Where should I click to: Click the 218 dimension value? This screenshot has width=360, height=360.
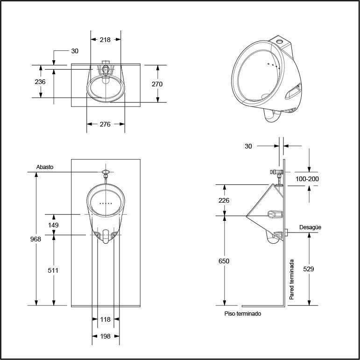[x=105, y=40]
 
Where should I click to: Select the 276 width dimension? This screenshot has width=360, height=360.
[x=105, y=124]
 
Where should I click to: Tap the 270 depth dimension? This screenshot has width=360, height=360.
[x=157, y=84]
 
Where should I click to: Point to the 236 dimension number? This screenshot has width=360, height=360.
[x=40, y=82]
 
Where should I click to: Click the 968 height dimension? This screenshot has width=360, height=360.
[x=35, y=239]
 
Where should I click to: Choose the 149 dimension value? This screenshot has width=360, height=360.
[x=53, y=225]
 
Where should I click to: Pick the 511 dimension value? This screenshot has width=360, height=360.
[x=53, y=270]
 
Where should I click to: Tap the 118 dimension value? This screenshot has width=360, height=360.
[x=105, y=319]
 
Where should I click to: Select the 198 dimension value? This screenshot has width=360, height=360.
[x=105, y=336]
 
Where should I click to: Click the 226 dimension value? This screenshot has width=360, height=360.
[x=224, y=200]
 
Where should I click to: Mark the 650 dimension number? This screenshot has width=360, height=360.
[x=224, y=261]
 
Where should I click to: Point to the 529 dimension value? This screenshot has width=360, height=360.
[x=308, y=269]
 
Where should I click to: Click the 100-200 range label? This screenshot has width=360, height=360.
[x=307, y=179]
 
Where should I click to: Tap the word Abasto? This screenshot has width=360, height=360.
[x=45, y=167]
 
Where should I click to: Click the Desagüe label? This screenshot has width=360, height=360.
[x=310, y=227]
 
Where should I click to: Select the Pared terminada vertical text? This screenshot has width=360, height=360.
[x=291, y=279]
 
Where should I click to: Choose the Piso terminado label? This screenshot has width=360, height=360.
[x=243, y=314]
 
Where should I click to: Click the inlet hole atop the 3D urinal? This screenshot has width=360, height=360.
[x=280, y=42]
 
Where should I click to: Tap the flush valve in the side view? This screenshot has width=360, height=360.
[x=277, y=172]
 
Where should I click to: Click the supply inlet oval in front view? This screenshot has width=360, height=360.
[x=106, y=172]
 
